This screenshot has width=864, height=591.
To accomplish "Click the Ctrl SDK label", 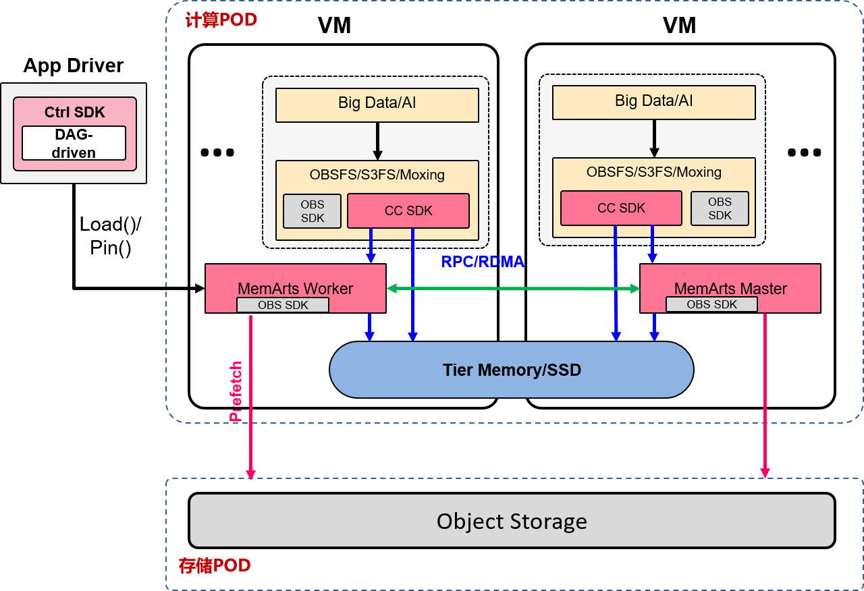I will point(75,113).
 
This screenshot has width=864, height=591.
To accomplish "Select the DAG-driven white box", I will point(74,144).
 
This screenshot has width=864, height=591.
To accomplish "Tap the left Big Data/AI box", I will point(377,105).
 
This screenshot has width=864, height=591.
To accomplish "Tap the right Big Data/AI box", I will point(653,102).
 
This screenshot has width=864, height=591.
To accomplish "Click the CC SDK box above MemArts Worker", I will point(408,211).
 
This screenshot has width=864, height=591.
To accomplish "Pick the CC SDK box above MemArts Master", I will point(621,208).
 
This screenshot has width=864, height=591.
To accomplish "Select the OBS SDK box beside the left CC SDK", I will point(312,211).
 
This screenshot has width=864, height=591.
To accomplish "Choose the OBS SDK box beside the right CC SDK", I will point(720,208).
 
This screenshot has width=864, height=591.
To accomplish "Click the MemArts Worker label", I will point(295,288).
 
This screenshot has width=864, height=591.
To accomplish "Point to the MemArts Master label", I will point(730,288).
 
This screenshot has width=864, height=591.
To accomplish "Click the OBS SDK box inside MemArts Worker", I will point(283,306).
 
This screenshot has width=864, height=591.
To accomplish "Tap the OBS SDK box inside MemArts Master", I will point(711,305).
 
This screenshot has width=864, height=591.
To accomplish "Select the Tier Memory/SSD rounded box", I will point(512,370).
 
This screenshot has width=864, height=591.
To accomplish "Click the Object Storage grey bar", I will point(512,521).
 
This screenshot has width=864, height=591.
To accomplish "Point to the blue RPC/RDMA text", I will point(483,262).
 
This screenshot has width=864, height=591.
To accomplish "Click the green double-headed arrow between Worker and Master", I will point(513,289).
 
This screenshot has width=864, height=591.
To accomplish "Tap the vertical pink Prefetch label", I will point(236,391).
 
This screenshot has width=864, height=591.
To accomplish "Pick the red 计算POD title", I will point(221,20).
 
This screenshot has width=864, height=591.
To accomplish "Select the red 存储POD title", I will point(215,565).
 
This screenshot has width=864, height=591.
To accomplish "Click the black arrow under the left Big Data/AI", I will point(377,140).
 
